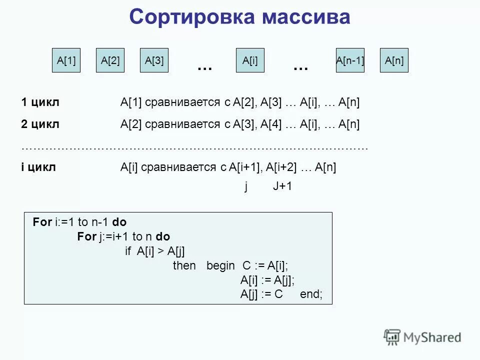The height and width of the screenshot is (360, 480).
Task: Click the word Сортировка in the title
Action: [x=191, y=17]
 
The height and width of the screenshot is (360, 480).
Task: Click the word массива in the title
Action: [x=306, y=17]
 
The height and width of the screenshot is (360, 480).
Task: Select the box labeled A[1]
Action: [x=66, y=60]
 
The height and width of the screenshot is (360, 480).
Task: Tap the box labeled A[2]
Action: [x=110, y=60]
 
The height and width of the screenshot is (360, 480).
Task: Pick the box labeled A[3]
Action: [x=154, y=60]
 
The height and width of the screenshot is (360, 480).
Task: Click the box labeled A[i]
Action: [x=250, y=60]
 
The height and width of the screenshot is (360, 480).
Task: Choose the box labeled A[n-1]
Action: [x=350, y=60]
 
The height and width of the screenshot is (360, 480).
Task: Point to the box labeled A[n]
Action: [x=394, y=60]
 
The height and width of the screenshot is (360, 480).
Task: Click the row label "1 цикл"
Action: [x=40, y=102]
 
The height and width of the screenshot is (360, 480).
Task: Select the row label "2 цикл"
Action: [x=40, y=124]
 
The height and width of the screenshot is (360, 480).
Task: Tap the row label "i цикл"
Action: [x=38, y=167]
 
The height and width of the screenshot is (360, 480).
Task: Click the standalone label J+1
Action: [x=282, y=186]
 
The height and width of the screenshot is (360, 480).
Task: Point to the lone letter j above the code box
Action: [x=246, y=186]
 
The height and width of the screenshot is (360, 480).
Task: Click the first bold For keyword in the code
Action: [x=42, y=222]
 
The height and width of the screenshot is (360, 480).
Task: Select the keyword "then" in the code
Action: [x=184, y=265]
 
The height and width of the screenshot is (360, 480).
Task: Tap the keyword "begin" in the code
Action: [x=220, y=265]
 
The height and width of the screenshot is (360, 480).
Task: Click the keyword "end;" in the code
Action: [x=311, y=294]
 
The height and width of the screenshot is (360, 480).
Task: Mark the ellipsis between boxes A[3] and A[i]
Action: [x=204, y=66]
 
